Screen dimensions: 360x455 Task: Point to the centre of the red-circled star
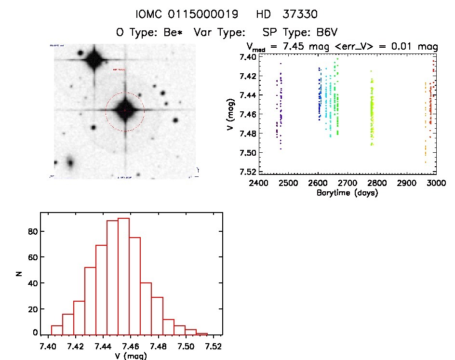[125, 110]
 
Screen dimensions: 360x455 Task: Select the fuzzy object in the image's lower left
[70, 163]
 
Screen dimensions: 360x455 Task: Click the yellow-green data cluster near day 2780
[372, 116]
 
